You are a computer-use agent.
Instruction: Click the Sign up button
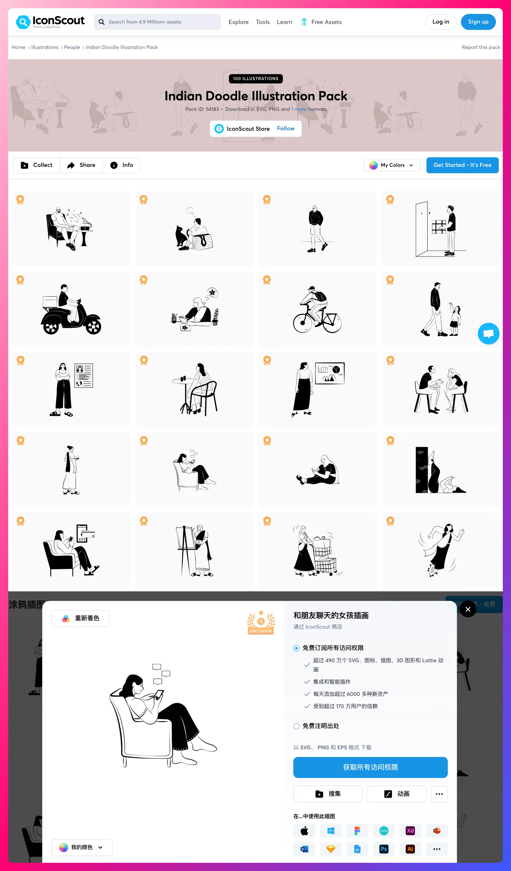478,22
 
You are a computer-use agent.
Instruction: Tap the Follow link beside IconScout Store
286,129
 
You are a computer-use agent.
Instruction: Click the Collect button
36,165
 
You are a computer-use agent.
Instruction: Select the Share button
81,165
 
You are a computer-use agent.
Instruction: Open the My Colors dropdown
392,165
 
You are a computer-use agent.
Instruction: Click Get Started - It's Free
462,165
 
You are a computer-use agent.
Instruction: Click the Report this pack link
481,47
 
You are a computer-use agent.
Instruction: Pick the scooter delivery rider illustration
71,309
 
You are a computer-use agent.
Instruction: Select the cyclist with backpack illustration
317,310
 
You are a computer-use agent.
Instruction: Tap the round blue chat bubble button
488,333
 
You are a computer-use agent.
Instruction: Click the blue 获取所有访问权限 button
370,767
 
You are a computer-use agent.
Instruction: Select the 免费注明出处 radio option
296,726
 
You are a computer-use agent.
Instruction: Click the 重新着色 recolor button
80,618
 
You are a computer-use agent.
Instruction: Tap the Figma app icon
357,831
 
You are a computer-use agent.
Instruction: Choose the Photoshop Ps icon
384,849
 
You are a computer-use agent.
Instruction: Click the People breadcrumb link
72,47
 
